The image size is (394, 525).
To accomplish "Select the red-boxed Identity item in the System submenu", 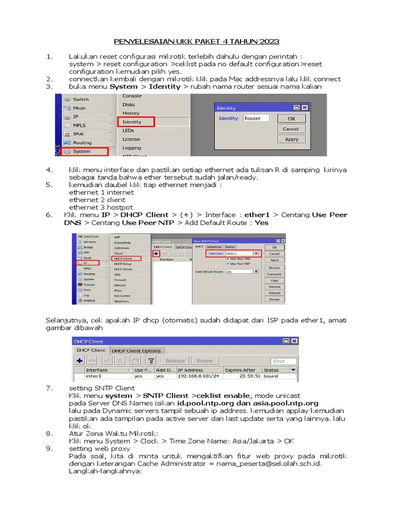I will click(x=136, y=122).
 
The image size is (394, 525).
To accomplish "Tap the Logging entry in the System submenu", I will click(x=132, y=148).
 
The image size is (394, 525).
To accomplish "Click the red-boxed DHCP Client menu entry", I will click(x=126, y=259).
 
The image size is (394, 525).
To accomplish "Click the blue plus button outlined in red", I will click(x=156, y=253).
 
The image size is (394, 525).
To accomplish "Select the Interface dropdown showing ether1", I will click(x=241, y=253).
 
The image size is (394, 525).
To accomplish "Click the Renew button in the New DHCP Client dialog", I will click(x=274, y=299).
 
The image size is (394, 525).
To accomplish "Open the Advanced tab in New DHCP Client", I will click(x=214, y=247).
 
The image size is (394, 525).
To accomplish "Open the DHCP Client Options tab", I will click(x=136, y=351).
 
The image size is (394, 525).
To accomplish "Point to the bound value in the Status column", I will click(x=271, y=376).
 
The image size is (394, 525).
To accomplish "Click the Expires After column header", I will click(x=240, y=370).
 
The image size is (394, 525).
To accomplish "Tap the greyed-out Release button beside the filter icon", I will click(x=175, y=361).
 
